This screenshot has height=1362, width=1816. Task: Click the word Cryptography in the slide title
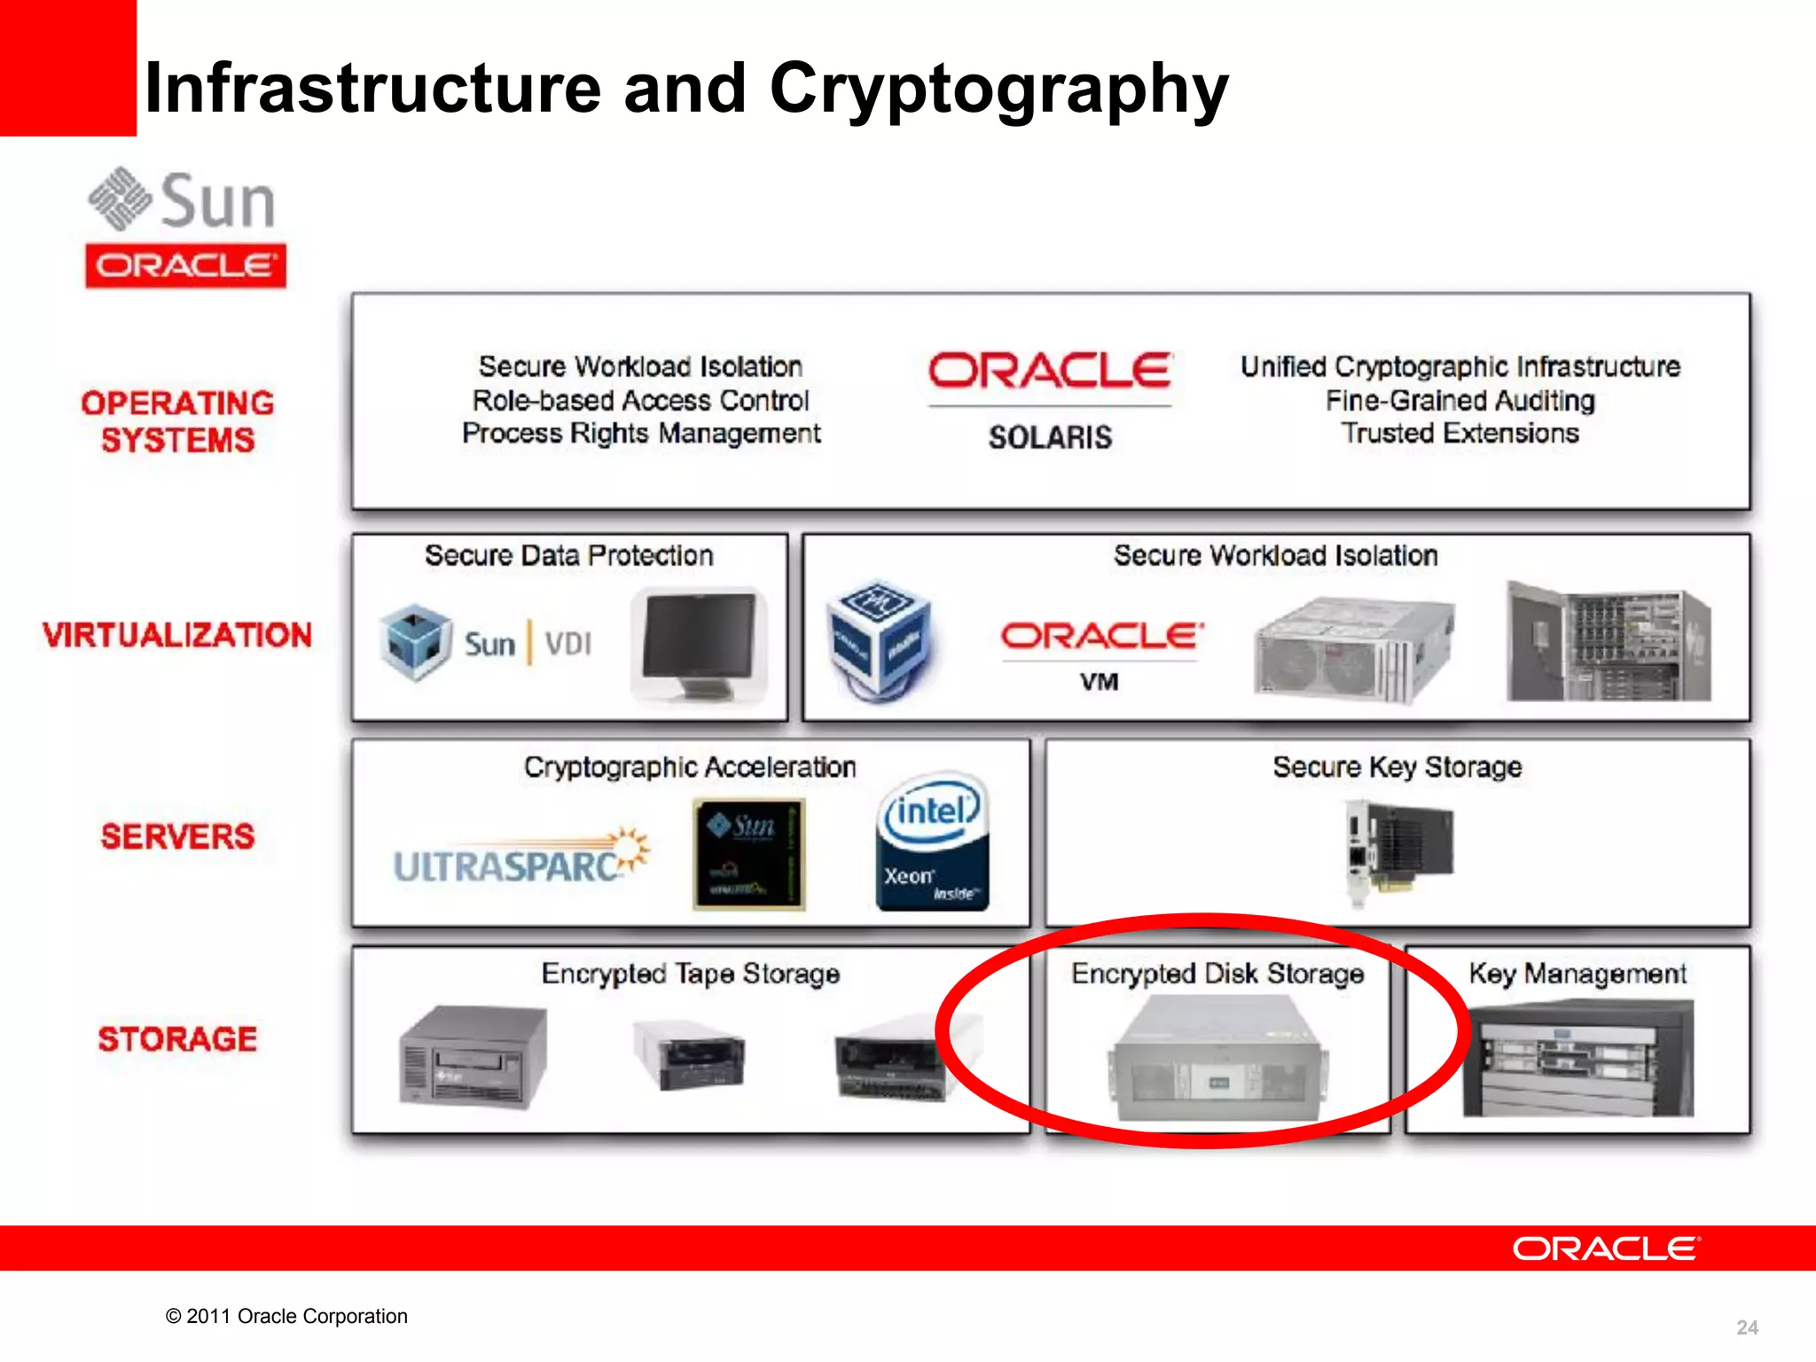(x=998, y=89)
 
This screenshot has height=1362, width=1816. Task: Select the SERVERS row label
(x=177, y=836)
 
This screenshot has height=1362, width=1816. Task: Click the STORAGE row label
(x=177, y=1038)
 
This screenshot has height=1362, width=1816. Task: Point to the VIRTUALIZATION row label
(x=177, y=635)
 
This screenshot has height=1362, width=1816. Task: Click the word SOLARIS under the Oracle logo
(x=1050, y=437)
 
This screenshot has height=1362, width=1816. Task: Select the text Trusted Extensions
(x=1460, y=434)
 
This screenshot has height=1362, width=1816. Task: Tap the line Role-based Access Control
(x=640, y=400)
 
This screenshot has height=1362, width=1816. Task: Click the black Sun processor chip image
(x=749, y=854)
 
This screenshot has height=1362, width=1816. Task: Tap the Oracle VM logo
(x=1101, y=652)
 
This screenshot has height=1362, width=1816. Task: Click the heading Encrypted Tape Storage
(x=690, y=974)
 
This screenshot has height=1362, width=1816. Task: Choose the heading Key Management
(x=1577, y=974)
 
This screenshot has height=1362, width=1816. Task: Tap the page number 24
(x=1747, y=1327)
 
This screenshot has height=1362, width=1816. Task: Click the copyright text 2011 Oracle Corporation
(x=286, y=1316)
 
